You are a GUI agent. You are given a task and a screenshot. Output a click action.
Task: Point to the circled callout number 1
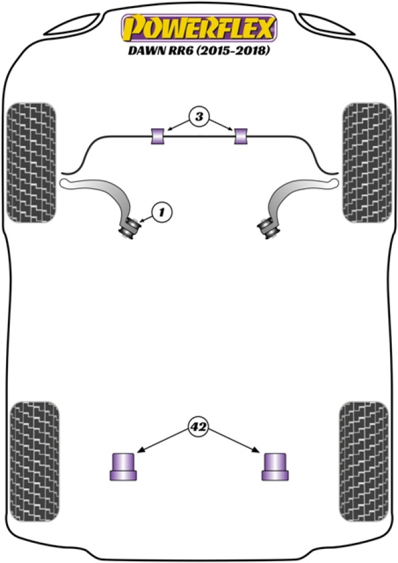coord(162,213)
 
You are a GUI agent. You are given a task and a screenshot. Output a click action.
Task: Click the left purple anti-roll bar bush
coord(158,136)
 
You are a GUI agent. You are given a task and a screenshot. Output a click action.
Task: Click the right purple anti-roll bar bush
coord(241,136)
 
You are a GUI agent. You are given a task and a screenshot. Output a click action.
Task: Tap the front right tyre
coord(366,161)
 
